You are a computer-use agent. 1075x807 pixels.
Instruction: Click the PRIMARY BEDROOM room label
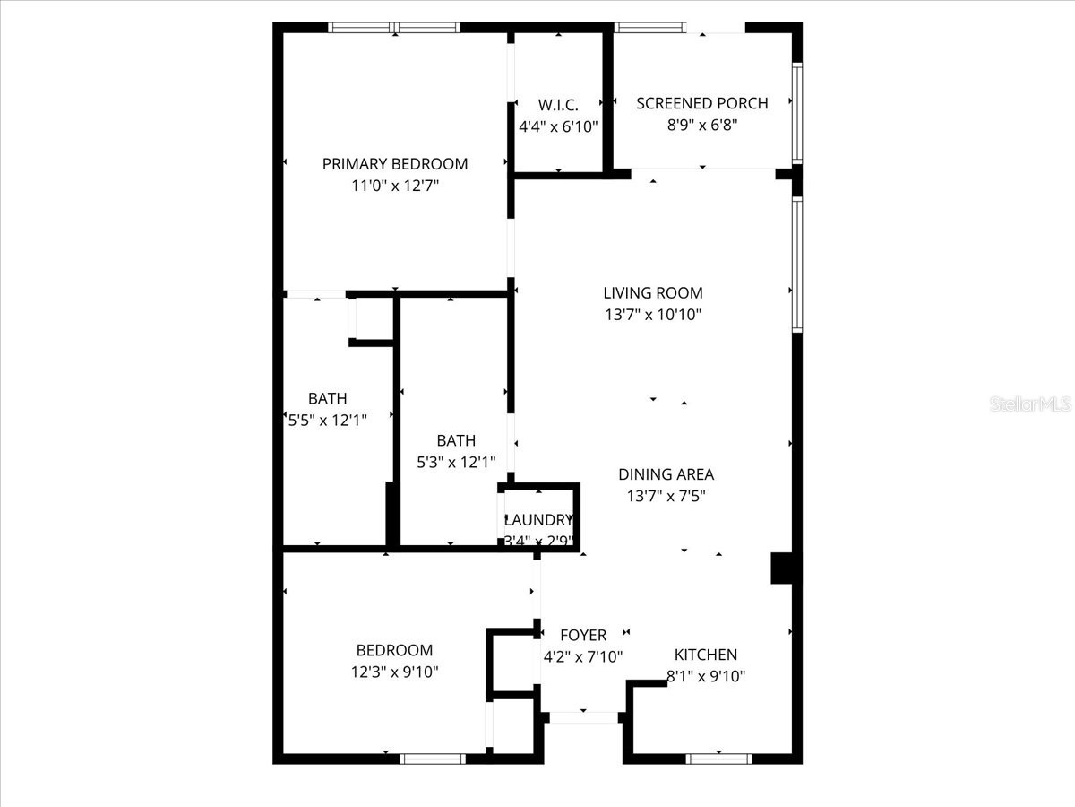coord(395,164)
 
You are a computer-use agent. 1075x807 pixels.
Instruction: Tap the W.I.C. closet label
coord(558,105)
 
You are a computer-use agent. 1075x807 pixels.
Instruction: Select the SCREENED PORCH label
coord(702,103)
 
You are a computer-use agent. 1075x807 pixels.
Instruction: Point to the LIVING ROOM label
coord(653,292)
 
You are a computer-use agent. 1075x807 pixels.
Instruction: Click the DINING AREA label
coord(666,474)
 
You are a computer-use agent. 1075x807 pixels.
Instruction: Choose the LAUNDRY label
coord(537,520)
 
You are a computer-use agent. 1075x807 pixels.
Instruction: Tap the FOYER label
coord(583,635)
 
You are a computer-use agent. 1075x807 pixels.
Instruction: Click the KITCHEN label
coord(706,655)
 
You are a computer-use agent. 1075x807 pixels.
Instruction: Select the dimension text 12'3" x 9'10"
coord(394,672)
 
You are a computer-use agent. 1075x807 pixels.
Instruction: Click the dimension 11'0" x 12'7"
coord(395,186)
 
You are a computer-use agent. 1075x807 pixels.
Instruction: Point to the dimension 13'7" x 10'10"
coord(653,315)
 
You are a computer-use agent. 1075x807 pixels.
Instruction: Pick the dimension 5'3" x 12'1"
coord(456,463)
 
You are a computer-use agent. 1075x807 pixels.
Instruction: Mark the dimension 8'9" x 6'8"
coord(702,126)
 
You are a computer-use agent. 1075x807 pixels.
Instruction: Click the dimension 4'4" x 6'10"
coord(558,126)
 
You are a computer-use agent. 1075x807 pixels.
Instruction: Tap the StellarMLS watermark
coord(1030,404)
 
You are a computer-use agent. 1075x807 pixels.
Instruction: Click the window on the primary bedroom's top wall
coord(395,27)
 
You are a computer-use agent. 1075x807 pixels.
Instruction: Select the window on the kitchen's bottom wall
coord(718,759)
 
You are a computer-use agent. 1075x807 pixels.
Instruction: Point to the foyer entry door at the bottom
coord(583,717)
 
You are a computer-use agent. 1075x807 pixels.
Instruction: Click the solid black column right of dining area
coord(782,568)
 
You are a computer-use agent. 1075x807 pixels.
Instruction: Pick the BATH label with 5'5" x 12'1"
coord(328,398)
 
